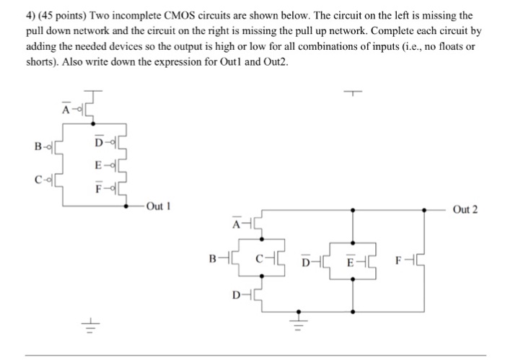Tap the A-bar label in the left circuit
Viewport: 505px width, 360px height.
[66, 109]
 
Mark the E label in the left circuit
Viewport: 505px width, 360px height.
[97, 165]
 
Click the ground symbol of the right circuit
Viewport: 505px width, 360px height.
[294, 316]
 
